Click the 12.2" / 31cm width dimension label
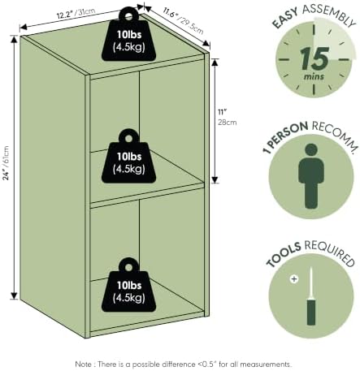tap(76, 13)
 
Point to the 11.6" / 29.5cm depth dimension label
tap(183, 20)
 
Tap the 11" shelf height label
tap(223, 112)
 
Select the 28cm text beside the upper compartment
tap(228, 123)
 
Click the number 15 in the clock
tap(314, 58)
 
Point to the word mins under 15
tap(314, 76)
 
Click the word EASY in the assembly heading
tap(284, 18)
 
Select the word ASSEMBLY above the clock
tap(329, 15)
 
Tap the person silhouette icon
tap(311, 176)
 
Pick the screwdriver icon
tap(311, 296)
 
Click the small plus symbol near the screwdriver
tap(294, 278)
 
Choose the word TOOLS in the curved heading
tap(284, 254)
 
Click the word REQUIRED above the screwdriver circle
tap(330, 252)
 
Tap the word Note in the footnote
tap(83, 365)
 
